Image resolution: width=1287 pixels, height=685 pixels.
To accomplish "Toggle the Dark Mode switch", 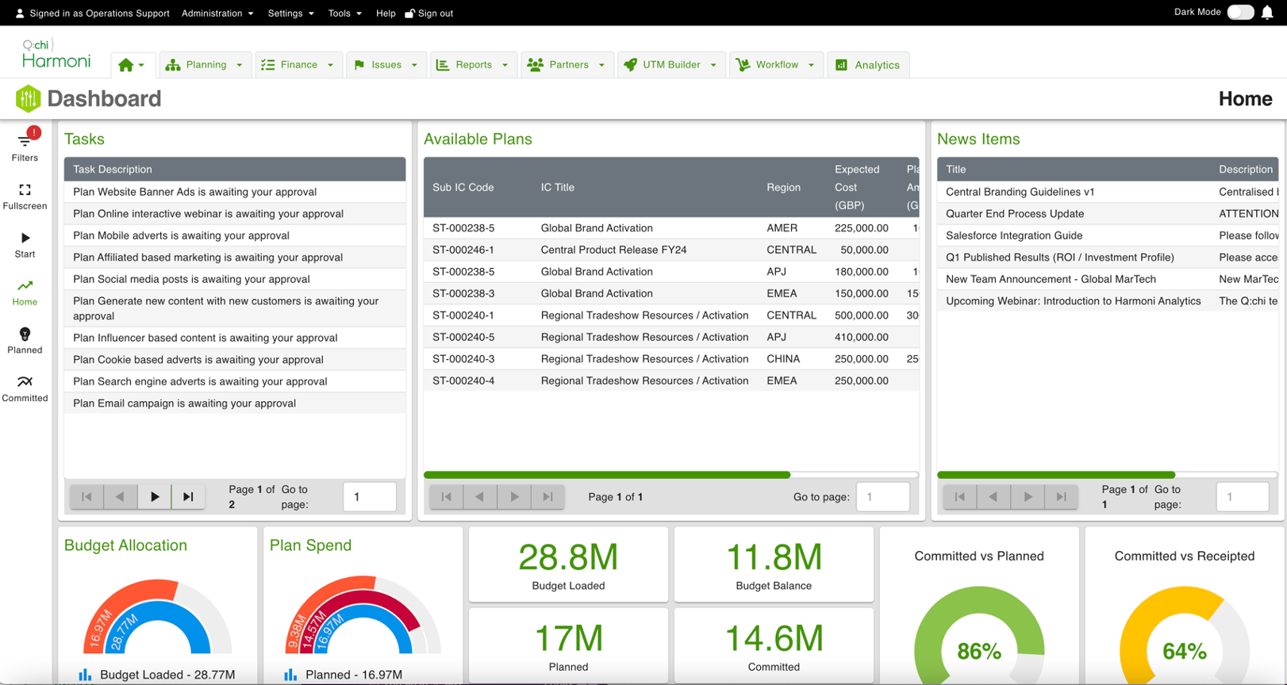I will [1240, 12].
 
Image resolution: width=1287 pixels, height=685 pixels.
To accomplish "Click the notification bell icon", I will [1267, 13].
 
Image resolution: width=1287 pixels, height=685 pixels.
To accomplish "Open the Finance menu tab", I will [298, 65].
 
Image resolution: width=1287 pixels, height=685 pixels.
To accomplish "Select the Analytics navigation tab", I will [868, 65].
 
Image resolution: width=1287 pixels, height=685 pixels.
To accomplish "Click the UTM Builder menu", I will [670, 65].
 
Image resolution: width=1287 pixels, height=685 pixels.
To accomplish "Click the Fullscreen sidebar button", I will [25, 195].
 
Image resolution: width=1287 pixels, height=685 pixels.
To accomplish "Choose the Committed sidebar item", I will [25, 388].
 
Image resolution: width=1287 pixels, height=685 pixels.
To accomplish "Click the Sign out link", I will [429, 13].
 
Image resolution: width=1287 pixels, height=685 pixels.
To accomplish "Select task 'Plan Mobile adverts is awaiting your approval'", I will [181, 235].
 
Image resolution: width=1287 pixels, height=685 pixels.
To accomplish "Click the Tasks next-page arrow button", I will [155, 497].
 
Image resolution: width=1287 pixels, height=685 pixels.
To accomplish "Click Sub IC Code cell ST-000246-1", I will [463, 250].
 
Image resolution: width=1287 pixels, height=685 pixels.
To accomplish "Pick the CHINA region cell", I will [783, 359].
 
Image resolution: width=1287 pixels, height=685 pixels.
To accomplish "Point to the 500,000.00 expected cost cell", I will [861, 316].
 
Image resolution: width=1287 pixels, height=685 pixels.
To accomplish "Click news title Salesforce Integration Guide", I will [1013, 235].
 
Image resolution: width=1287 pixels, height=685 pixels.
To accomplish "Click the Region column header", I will [783, 188].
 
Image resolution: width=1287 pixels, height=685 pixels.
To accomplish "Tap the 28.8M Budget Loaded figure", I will [568, 557].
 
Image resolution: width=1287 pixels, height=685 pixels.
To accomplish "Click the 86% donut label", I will [978, 652].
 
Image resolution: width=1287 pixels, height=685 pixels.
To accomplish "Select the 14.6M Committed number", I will [774, 639].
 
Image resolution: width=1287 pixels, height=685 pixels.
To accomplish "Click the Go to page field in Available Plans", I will [882, 497].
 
